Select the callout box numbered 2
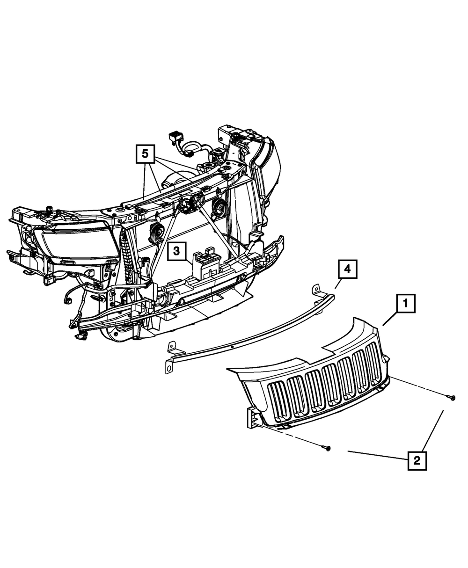[x=417, y=460]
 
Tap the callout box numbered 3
[x=176, y=251]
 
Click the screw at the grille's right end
[x=452, y=398]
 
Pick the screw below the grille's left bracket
[x=327, y=448]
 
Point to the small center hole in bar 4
[x=232, y=347]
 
